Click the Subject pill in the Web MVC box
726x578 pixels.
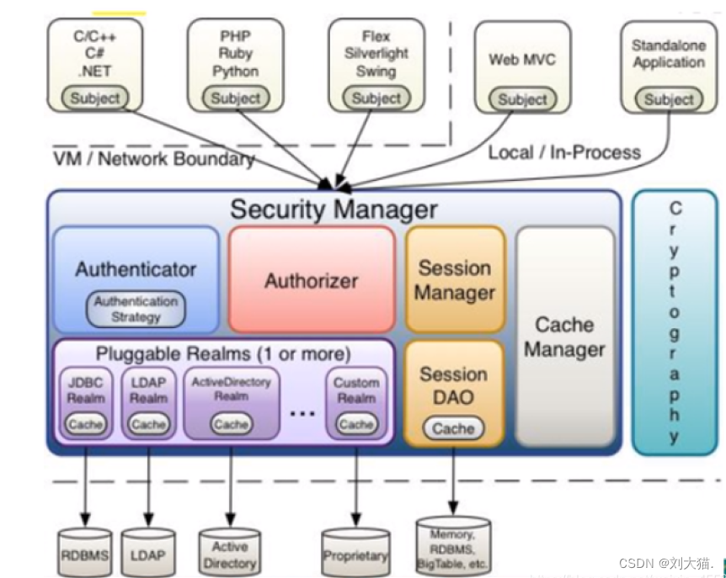(523, 99)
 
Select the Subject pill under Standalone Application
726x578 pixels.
(669, 99)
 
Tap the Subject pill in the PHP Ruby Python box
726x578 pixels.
(236, 98)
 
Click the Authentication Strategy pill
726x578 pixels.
(136, 309)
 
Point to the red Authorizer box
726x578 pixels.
(312, 279)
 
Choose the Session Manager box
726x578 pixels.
(455, 279)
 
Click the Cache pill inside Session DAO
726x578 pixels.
(453, 428)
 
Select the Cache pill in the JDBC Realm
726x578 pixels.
(86, 424)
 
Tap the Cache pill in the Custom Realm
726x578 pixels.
(356, 424)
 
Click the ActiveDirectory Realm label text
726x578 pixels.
(231, 389)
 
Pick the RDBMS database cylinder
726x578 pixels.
(85, 552)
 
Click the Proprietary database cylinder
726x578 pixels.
(355, 552)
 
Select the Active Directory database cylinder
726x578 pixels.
(230, 552)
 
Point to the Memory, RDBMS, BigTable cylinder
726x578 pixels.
(453, 546)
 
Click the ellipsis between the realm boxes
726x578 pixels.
(302, 413)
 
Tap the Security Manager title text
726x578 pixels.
(334, 209)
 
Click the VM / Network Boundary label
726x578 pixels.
(154, 159)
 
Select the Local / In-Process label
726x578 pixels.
(564, 152)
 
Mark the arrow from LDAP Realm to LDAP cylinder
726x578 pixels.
(148, 487)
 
